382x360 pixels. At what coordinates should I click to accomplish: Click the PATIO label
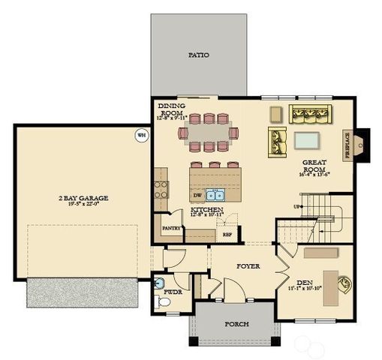[198, 55]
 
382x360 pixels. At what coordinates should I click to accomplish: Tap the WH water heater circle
[141, 135]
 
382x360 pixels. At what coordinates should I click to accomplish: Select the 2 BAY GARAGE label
[83, 198]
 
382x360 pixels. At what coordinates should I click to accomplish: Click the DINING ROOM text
[166, 109]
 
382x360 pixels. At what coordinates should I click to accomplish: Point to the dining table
[208, 133]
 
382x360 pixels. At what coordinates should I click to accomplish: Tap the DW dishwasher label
[196, 194]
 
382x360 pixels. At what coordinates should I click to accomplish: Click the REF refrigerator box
[227, 234]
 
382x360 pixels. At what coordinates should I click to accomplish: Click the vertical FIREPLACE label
[347, 145]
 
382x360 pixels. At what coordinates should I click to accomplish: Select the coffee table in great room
[306, 140]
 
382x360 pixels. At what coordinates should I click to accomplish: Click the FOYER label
[248, 265]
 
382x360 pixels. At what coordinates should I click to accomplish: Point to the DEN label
[304, 282]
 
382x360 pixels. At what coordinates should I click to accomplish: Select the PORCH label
[236, 324]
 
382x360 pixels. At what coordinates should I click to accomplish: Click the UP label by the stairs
[297, 206]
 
